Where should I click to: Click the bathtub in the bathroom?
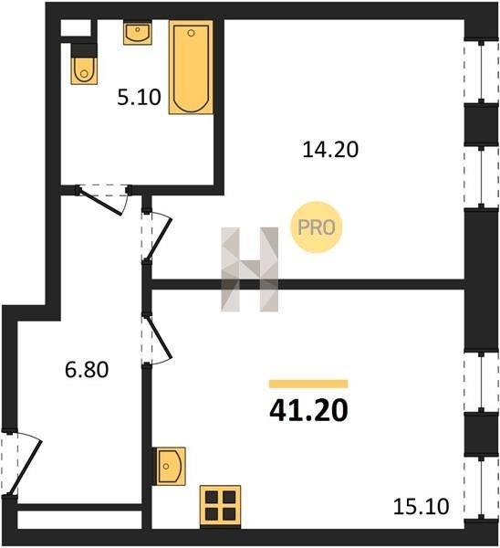point(191,67)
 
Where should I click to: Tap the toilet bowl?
point(84,71)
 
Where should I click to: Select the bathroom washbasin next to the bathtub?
point(138,33)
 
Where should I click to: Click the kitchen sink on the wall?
point(170,466)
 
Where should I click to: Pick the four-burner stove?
point(220,506)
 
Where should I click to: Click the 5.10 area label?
point(139,98)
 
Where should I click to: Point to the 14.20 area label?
point(330,150)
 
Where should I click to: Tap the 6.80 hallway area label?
point(87,370)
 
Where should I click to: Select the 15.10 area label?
point(422,506)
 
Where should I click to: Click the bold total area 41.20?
point(308,410)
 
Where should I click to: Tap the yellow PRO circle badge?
point(317,227)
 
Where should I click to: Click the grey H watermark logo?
point(250,269)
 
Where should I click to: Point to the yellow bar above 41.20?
point(308,384)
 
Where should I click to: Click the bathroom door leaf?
point(100,202)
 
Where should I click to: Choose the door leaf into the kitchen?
point(159,337)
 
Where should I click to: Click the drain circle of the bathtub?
point(191,33)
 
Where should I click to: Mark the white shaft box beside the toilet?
point(76,28)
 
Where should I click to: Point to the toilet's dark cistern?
point(84,50)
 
